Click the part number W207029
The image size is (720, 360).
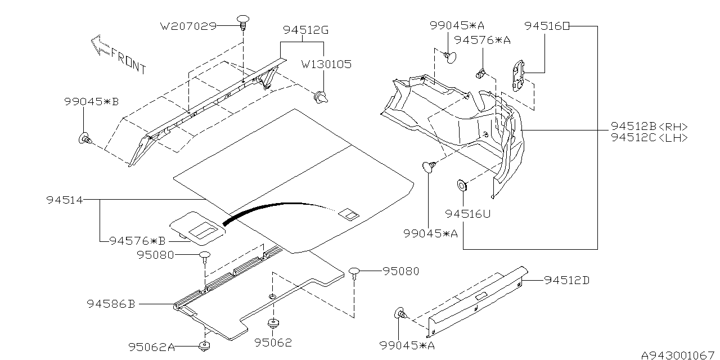[x=188, y=26]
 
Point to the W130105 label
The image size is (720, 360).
[x=326, y=65]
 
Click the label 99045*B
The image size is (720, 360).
[x=92, y=102]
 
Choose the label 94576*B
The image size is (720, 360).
[x=137, y=241]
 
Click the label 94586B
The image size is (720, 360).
[x=111, y=304]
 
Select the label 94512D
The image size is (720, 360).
[x=566, y=280]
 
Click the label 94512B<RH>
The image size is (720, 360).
[x=649, y=127]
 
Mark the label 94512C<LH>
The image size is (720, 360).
[x=649, y=138]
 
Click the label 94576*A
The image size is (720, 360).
[x=482, y=40]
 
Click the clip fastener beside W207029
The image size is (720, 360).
[x=244, y=23]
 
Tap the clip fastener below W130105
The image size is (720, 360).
[x=321, y=98]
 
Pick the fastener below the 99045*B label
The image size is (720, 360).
[x=85, y=138]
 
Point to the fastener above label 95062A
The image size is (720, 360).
[x=205, y=345]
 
